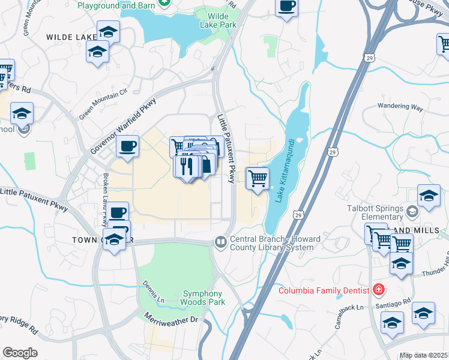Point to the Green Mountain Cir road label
104,102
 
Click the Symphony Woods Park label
204,298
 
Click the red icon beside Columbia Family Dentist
378,290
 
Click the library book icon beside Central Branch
220,242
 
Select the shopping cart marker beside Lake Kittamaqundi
258,178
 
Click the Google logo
20,352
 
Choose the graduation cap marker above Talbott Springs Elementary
429,196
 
